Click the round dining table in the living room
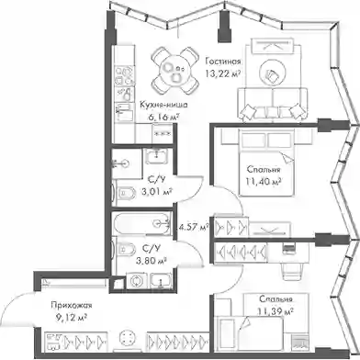click(x=174, y=71)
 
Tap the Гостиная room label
click(x=223, y=62)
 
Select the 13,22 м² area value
click(x=222, y=74)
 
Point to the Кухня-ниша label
click(x=163, y=105)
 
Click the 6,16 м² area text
click(x=163, y=117)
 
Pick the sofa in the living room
click(x=272, y=104)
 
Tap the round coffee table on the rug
click(x=273, y=72)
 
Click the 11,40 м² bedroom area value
click(x=264, y=182)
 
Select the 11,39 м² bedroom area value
click(x=276, y=311)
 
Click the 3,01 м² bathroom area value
click(x=156, y=192)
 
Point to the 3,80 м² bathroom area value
click(x=151, y=261)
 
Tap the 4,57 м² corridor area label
click(x=194, y=227)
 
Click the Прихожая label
click(x=72, y=306)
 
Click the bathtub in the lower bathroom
click(x=141, y=223)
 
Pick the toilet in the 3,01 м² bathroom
click(x=125, y=193)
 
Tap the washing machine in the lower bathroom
click(x=137, y=280)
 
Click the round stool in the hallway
click(x=127, y=338)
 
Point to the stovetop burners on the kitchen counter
click(x=124, y=75)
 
